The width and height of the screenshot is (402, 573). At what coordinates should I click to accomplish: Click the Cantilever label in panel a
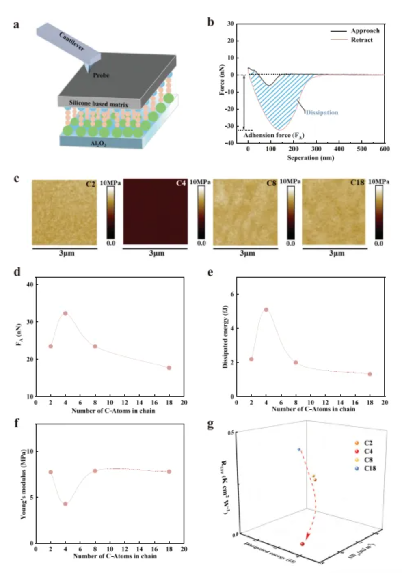click(72, 41)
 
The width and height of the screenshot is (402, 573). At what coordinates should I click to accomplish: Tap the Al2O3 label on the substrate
click(98, 143)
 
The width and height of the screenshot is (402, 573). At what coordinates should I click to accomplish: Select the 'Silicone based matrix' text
click(98, 104)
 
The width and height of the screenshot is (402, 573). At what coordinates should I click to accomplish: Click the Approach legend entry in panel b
click(365, 31)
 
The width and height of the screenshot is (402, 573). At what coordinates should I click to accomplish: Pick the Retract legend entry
click(361, 40)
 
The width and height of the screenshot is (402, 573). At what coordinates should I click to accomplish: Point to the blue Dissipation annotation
click(322, 112)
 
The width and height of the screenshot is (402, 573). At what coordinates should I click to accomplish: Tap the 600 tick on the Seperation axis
click(385, 149)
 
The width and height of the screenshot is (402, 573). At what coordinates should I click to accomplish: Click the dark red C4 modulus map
click(156, 211)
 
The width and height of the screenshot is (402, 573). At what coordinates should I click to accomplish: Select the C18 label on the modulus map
click(357, 183)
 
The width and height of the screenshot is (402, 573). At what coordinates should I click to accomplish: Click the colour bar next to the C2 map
click(110, 213)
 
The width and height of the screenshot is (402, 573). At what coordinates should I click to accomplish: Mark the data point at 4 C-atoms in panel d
click(65, 313)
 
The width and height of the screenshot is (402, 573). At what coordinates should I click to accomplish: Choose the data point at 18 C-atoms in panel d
click(169, 368)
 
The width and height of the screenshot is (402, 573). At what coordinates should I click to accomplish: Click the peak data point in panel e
click(266, 310)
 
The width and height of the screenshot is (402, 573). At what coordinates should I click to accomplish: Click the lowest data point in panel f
click(65, 504)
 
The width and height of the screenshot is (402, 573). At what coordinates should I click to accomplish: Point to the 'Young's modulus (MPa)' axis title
click(24, 484)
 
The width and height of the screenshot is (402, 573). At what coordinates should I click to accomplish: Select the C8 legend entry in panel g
click(368, 460)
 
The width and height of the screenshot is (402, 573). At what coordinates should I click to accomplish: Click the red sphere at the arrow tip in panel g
click(302, 544)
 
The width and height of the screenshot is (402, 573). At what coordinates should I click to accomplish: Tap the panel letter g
click(210, 424)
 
